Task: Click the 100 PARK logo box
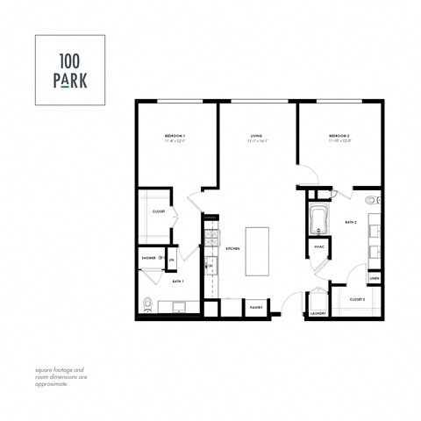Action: point(69,70)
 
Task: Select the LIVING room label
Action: point(257,137)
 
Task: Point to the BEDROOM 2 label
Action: point(339,137)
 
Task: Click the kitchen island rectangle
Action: point(257,252)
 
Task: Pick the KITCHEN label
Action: point(232,249)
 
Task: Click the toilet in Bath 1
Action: point(147,306)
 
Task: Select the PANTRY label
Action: point(256,308)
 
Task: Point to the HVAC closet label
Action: point(319,247)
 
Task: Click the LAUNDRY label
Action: point(318,313)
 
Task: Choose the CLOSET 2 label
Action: point(357,299)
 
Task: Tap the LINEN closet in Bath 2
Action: point(374,278)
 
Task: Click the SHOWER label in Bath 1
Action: point(148,258)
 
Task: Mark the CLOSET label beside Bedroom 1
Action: point(159,211)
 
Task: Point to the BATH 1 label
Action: point(176,281)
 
